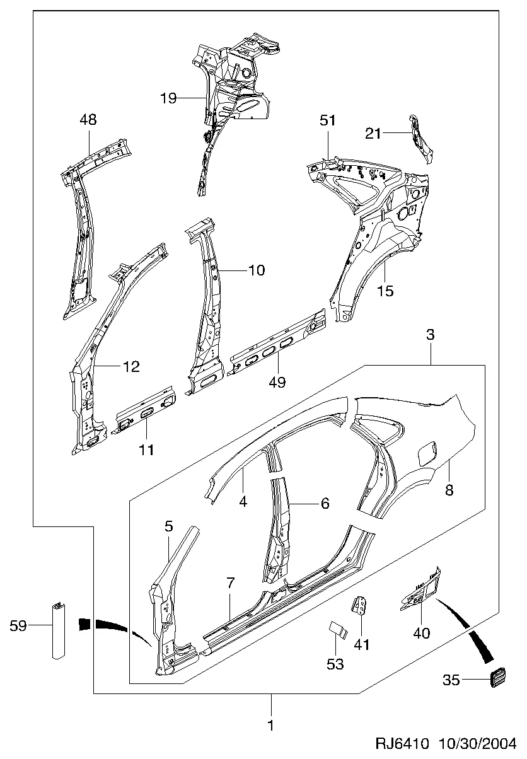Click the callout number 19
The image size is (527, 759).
coord(168,98)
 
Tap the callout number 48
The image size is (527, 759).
coord(88,120)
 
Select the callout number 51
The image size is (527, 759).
coord(327,120)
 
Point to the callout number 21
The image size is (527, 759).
coord(373,134)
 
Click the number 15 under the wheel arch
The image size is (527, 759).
coord(385,291)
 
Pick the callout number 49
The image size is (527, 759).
coord(277,382)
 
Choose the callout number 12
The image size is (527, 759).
coord(131,366)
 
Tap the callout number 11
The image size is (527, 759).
coord(146,450)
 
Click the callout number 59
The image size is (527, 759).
coord(18,625)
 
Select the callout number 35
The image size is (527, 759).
coord(451,680)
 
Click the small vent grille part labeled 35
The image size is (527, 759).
coord(498,678)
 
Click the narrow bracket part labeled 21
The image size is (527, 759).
coord(421,139)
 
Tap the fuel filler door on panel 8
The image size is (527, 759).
coord(427,453)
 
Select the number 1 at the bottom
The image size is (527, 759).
coord(271,726)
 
